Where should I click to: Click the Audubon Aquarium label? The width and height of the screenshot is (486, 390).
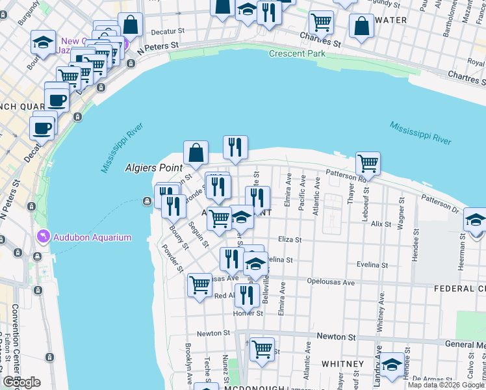[x=92, y=237]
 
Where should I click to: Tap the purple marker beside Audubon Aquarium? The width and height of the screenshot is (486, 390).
[x=44, y=236]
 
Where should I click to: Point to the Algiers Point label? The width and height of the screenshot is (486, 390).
[x=153, y=168]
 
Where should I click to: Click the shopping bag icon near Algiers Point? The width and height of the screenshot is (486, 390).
[x=196, y=154]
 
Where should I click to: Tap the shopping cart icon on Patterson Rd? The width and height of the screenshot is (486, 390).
[x=368, y=163]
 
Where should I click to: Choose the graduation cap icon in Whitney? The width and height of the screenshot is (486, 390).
[x=392, y=365]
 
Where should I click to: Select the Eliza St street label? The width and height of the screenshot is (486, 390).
[x=290, y=240]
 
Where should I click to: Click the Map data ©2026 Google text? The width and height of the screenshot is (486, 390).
[x=446, y=385]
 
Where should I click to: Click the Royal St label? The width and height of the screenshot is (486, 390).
[x=476, y=62]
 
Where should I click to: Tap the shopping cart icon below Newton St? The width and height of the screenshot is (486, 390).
[x=262, y=349]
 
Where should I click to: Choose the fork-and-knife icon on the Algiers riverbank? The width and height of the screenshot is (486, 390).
[x=235, y=148]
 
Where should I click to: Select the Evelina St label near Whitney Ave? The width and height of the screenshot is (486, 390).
[x=372, y=265]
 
